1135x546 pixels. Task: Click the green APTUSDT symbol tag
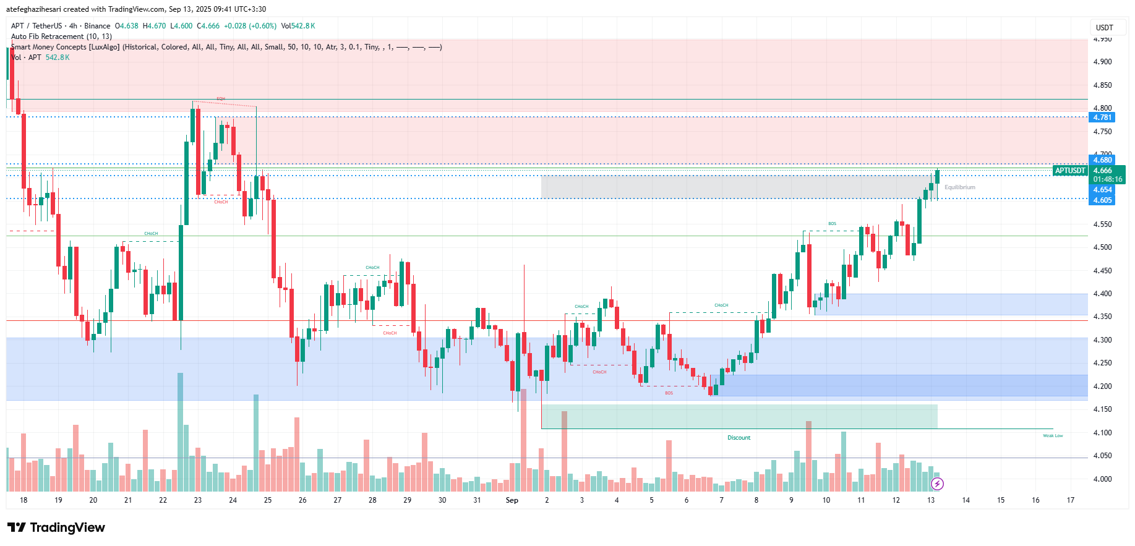click(1070, 171)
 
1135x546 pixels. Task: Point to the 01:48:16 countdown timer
click(1107, 179)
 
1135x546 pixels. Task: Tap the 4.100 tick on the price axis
click(1102, 433)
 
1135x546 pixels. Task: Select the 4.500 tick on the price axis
click(1102, 247)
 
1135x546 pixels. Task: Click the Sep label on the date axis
click(512, 500)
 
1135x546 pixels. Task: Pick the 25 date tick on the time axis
click(268, 500)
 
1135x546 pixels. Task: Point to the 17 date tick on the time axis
click(1071, 500)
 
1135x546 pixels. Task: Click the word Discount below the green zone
click(739, 438)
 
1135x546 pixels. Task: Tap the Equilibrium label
click(959, 187)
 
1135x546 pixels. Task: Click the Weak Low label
click(1053, 436)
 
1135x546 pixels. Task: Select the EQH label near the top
click(221, 99)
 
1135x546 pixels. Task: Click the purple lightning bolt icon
click(937, 484)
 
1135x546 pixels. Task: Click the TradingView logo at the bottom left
click(56, 527)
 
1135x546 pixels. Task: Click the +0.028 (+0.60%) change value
click(250, 26)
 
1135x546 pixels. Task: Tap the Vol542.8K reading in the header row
click(298, 26)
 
